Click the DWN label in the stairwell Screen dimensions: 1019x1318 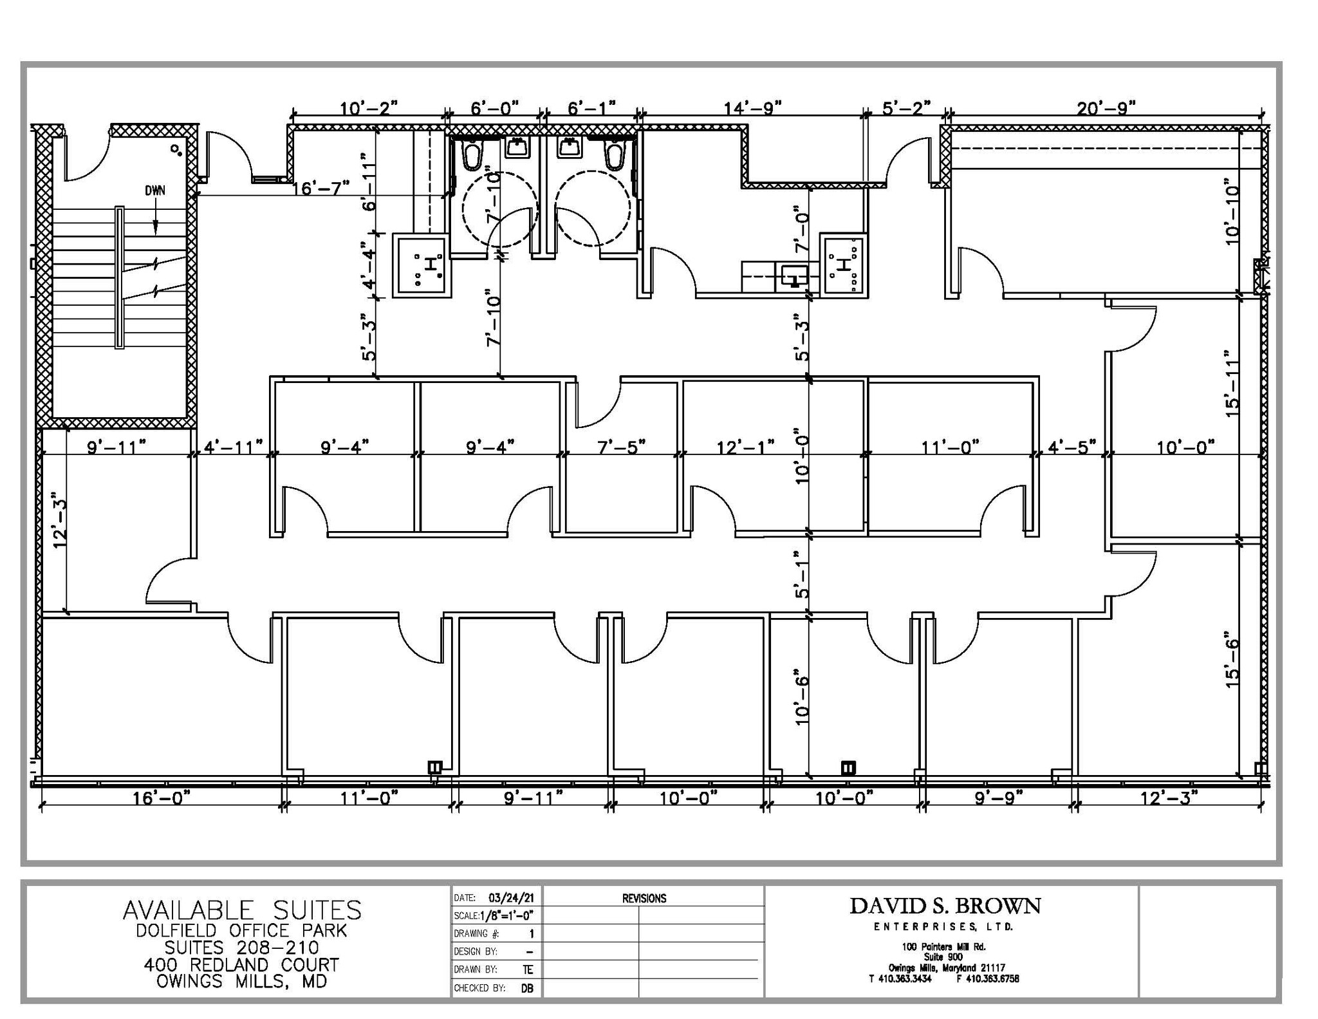pos(154,191)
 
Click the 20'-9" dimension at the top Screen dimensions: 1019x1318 pos(1106,108)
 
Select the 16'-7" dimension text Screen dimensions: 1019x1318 pos(321,188)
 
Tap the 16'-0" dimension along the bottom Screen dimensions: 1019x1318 pos(162,798)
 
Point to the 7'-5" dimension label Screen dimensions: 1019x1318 pos(621,446)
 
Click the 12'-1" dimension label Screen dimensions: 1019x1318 pos(745,446)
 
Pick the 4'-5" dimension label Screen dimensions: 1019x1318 pos(1072,446)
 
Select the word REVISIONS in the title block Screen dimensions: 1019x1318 pos(644,898)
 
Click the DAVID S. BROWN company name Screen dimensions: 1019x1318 pos(944,906)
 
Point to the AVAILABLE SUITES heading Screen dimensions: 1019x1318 pos(242,910)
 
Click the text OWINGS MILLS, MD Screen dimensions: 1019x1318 pos(242,981)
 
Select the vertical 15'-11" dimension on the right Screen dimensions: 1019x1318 pos(1231,384)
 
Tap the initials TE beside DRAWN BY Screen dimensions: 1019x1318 pos(528,970)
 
